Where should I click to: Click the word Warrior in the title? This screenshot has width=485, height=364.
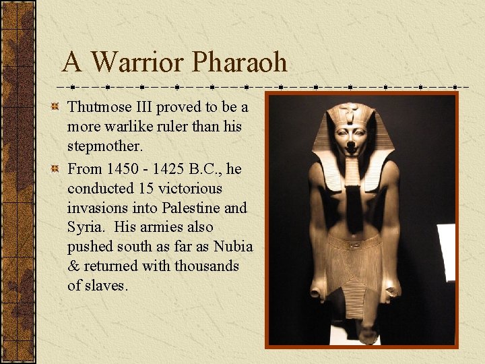[137, 63]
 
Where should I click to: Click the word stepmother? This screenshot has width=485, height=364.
[100, 146]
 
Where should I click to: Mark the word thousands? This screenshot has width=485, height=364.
[207, 266]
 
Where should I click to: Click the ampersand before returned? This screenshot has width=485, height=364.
[73, 266]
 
